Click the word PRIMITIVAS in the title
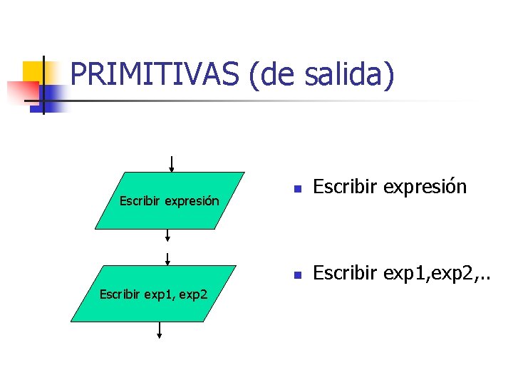tap(155, 74)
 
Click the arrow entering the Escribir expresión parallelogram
tap(171, 163)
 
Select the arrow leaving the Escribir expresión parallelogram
tap(168, 236)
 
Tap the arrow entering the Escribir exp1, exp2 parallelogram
tap(167, 259)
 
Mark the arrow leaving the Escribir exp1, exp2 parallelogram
tap(159, 330)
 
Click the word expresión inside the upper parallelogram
tap(192, 201)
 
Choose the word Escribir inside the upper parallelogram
tap(140, 201)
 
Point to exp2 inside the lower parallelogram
tap(192, 293)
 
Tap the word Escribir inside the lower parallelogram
tap(121, 293)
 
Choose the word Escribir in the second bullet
tap(346, 272)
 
